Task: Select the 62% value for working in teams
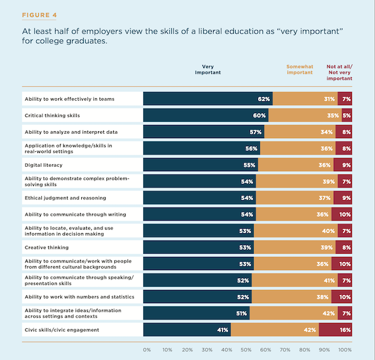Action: click(263, 99)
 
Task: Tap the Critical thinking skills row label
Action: click(53, 115)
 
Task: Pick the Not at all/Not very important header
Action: click(339, 72)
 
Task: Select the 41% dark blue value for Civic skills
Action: click(222, 329)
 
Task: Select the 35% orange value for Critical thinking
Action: click(332, 116)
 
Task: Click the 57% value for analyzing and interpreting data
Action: click(256, 132)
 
